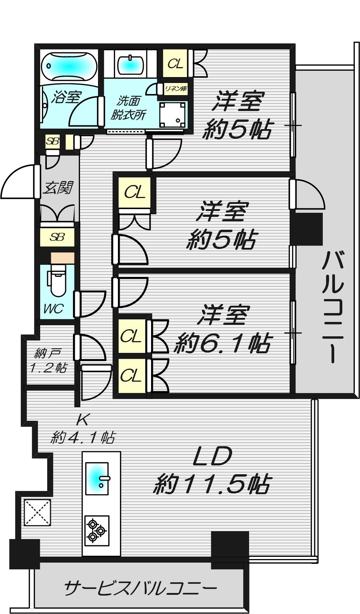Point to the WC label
tap(54, 309)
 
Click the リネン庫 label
tap(176, 89)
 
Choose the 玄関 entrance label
tap(58, 188)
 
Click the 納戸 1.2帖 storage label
tap(48, 361)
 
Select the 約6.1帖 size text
tap(222, 343)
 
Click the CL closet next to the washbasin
tap(175, 64)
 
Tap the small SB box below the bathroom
tap(52, 142)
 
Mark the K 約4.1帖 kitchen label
tap(83, 429)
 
